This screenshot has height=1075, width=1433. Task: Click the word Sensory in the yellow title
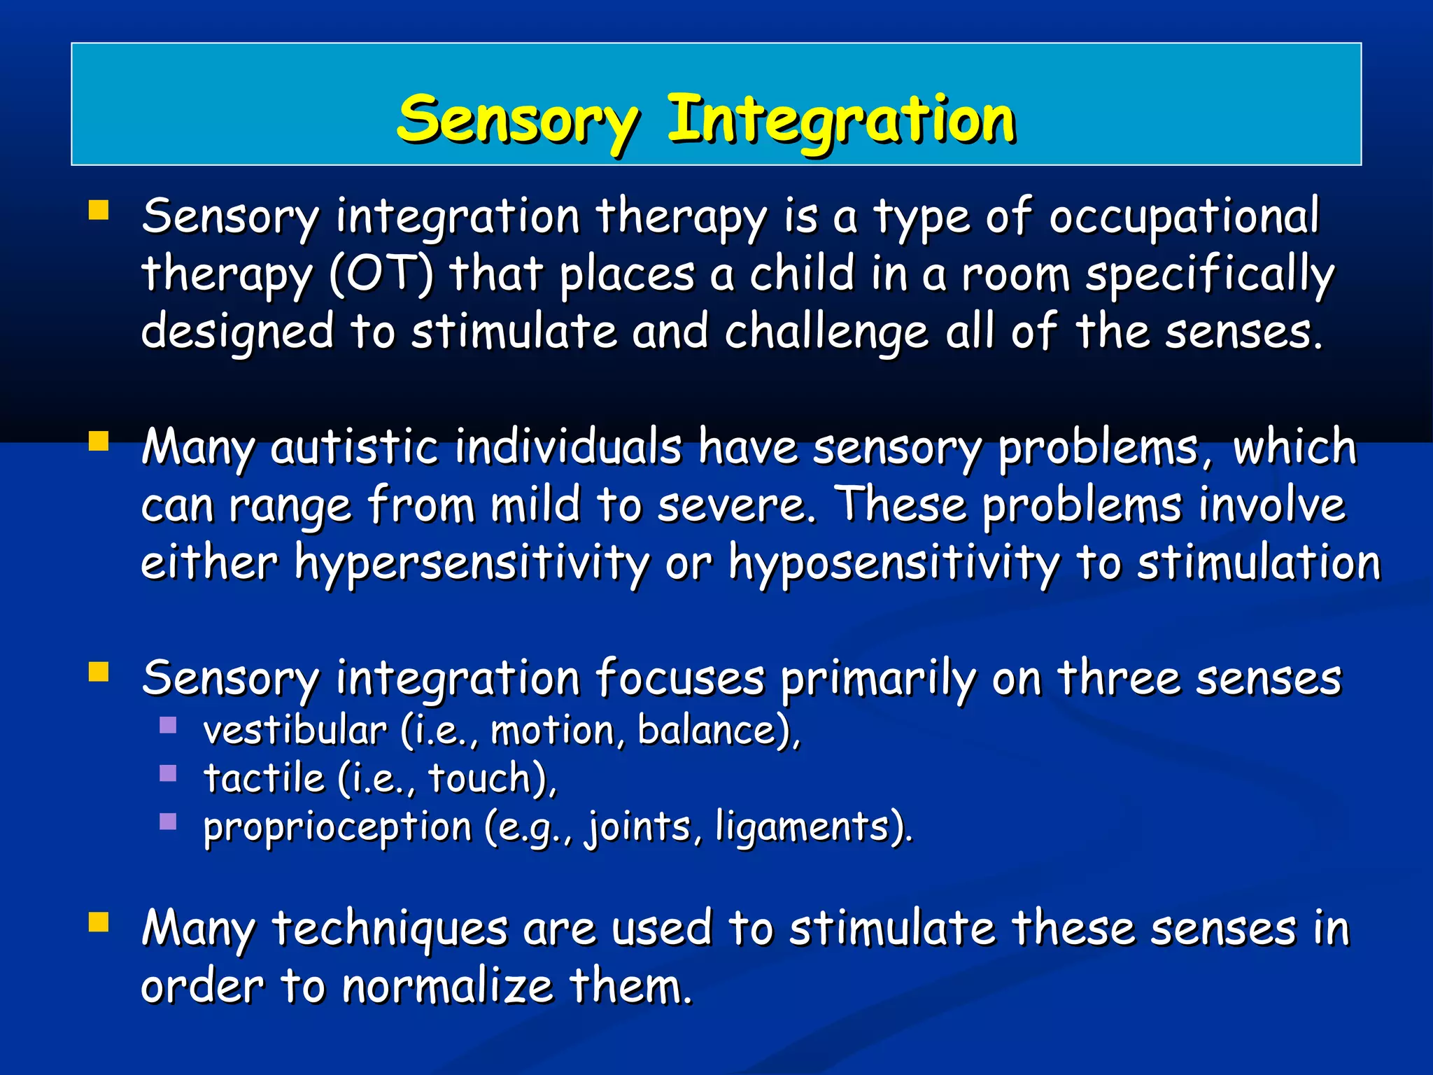pyautogui.click(x=518, y=120)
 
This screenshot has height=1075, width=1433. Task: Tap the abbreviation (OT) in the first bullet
pyautogui.click(x=381, y=274)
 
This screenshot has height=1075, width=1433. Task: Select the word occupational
pyautogui.click(x=1184, y=217)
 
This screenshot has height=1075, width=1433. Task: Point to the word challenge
pyautogui.click(x=826, y=332)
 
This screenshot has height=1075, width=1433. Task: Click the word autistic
pyautogui.click(x=354, y=448)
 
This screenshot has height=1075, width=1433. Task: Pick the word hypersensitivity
pyautogui.click(x=472, y=563)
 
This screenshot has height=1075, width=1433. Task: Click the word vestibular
pyautogui.click(x=295, y=731)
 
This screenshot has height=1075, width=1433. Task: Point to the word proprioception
pyautogui.click(x=337, y=827)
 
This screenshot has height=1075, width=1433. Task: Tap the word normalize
pyautogui.click(x=448, y=987)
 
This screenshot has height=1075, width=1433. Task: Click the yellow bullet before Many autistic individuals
pyautogui.click(x=99, y=442)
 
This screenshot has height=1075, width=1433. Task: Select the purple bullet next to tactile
pyautogui.click(x=168, y=773)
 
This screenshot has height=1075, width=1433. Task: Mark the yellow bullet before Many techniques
pyautogui.click(x=99, y=923)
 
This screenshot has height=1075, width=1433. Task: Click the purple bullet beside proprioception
pyautogui.click(x=168, y=821)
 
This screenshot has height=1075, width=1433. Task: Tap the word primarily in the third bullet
pyautogui.click(x=878, y=679)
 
